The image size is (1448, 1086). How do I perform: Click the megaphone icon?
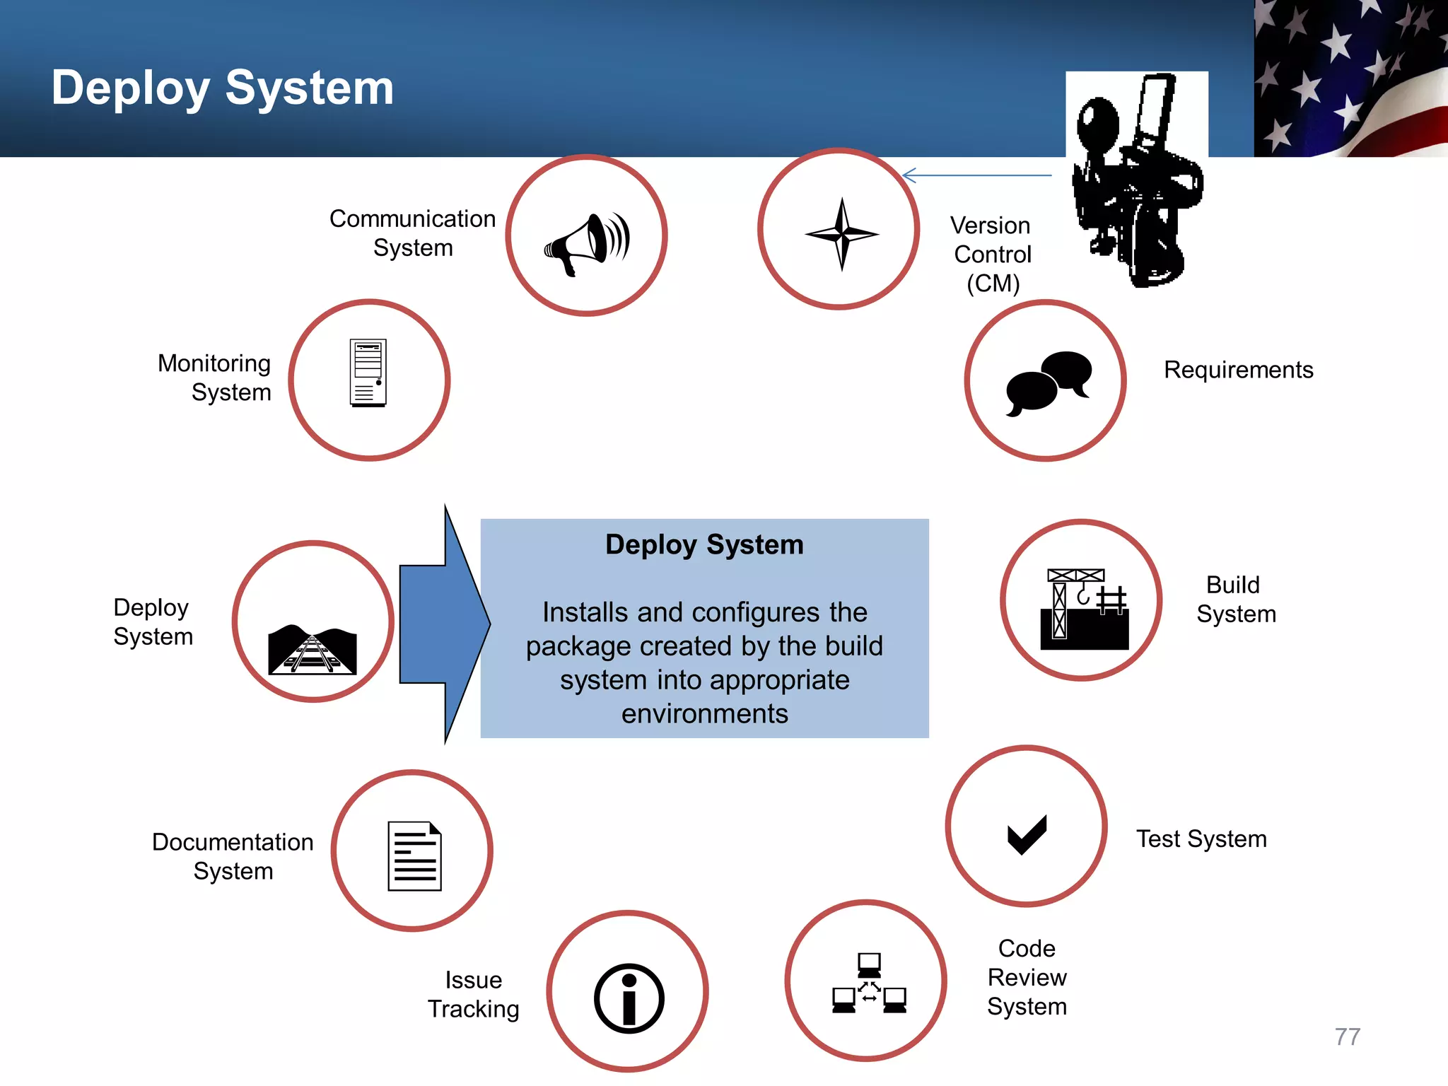pyautogui.click(x=587, y=243)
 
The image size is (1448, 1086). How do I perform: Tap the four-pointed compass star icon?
pyautogui.click(x=841, y=234)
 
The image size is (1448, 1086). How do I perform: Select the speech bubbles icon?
pyautogui.click(x=1049, y=383)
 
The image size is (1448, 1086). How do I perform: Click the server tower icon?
pyautogui.click(x=368, y=373)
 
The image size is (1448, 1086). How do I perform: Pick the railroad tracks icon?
pyautogui.click(x=313, y=649)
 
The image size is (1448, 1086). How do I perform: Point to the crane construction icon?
pyautogui.click(x=1084, y=609)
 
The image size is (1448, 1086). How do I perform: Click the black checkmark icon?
pyautogui.click(x=1027, y=834)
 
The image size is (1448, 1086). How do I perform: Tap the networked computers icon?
pyautogui.click(x=869, y=983)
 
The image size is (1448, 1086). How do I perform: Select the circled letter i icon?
pyautogui.click(x=629, y=998)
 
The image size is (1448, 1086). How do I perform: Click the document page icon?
pyautogui.click(x=414, y=856)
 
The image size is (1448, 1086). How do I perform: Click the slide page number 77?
pyautogui.click(x=1347, y=1037)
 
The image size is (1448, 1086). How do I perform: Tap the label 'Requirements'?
pyautogui.click(x=1238, y=370)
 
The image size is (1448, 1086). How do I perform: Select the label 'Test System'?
pyautogui.click(x=1201, y=839)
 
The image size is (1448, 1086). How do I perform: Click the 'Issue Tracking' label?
pyautogui.click(x=473, y=994)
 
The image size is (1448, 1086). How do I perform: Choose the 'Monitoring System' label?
pyautogui.click(x=215, y=378)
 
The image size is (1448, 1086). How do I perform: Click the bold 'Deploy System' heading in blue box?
pyautogui.click(x=704, y=544)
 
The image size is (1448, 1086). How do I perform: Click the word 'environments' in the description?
pyautogui.click(x=704, y=713)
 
